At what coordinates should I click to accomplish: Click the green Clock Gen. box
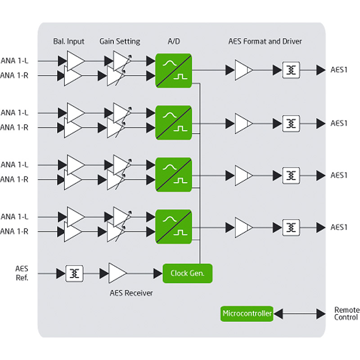click(187, 273)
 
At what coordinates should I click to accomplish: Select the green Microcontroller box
click(247, 313)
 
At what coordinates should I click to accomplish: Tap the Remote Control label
click(346, 314)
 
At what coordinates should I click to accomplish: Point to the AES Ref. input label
click(21, 273)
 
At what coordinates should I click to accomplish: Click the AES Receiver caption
click(131, 293)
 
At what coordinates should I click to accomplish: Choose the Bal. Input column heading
click(68, 41)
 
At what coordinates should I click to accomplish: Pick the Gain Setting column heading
click(120, 41)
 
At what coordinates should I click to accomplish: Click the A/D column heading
click(174, 41)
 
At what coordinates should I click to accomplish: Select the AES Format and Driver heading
click(265, 41)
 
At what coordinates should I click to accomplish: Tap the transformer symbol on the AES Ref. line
click(75, 273)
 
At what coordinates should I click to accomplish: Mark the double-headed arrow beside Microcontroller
click(299, 313)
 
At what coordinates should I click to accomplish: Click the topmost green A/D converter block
click(174, 70)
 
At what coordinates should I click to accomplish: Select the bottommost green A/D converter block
click(174, 226)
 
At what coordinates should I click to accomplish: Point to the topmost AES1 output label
click(339, 70)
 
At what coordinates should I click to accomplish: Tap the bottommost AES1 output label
click(339, 227)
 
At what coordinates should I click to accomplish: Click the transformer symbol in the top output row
click(291, 70)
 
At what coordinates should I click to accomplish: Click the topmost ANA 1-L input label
click(15, 61)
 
